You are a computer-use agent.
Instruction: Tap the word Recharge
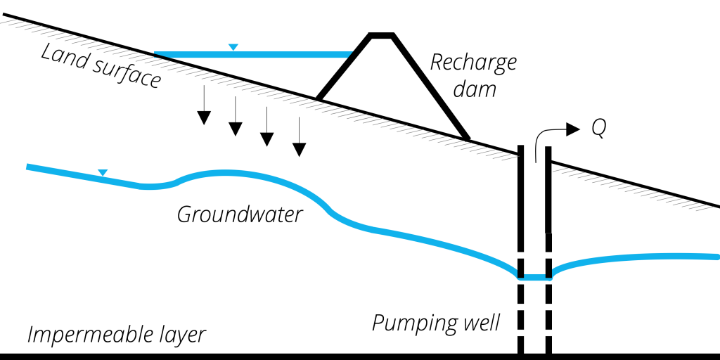click(x=473, y=63)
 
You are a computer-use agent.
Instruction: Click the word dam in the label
click(x=475, y=89)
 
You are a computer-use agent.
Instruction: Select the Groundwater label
click(x=239, y=214)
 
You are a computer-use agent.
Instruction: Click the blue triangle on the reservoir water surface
click(x=233, y=47)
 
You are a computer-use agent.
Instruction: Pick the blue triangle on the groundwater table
click(x=103, y=172)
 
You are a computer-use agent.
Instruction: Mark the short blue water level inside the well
click(x=534, y=277)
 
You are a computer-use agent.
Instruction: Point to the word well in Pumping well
click(x=479, y=323)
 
